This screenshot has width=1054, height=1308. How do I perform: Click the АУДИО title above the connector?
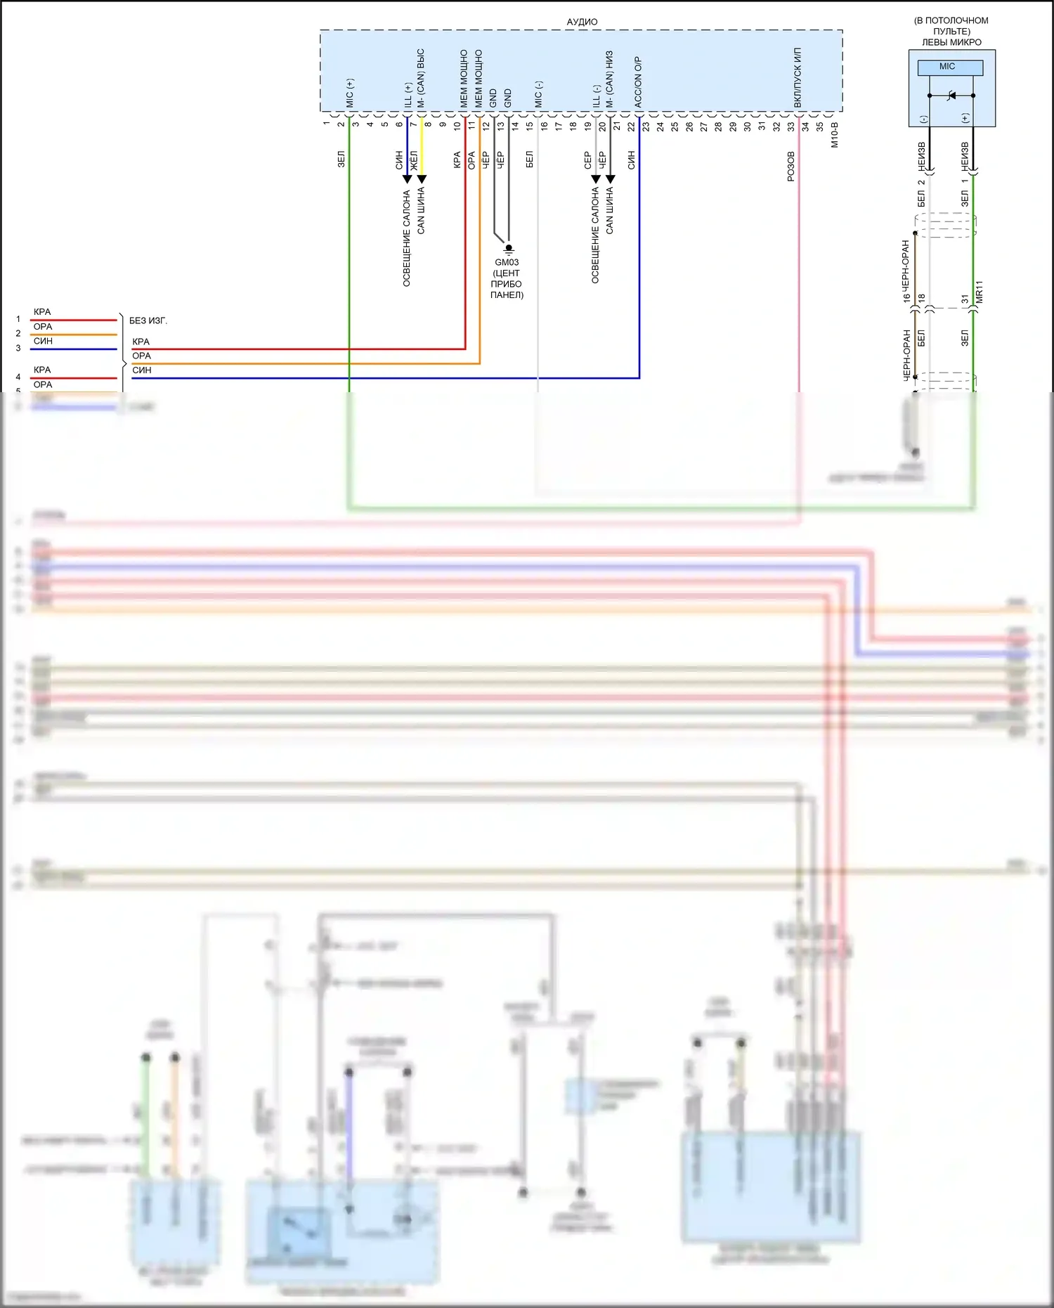point(582,22)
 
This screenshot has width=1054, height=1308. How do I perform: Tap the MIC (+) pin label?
point(350,93)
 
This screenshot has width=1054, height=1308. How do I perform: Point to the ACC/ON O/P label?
point(638,82)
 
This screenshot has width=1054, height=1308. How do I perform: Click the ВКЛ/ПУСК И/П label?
point(798,77)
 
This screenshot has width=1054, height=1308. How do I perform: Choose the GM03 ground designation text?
point(507,262)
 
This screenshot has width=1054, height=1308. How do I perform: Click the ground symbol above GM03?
point(509,249)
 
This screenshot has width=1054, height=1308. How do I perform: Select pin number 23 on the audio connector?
point(646,127)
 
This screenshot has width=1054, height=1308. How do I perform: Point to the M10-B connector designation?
point(835,134)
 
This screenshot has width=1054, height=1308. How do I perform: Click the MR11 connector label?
point(980,292)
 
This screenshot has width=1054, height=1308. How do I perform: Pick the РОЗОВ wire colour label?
point(790,167)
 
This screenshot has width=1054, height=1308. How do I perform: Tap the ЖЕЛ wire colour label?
point(414,160)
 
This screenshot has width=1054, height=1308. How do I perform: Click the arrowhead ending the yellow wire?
point(422,179)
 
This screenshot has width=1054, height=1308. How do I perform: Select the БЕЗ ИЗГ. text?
point(148,320)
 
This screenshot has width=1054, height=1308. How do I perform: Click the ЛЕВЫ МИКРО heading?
point(951,42)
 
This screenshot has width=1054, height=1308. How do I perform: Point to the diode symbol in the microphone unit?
point(951,95)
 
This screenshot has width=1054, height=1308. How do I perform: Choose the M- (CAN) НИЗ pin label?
point(610,79)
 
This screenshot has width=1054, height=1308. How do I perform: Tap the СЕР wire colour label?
point(587,160)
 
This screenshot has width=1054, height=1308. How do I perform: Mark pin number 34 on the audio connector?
point(805,127)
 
